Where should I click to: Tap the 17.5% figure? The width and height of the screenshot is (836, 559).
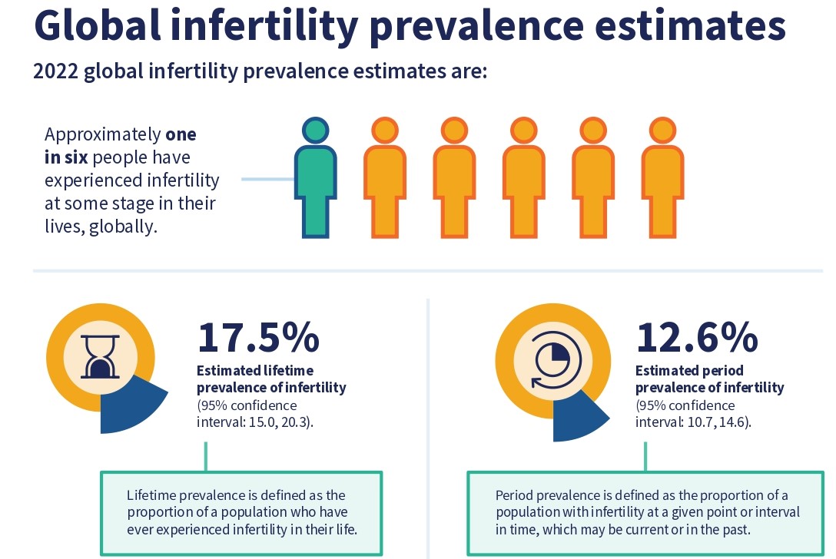click(258, 336)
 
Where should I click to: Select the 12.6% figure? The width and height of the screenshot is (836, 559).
click(697, 336)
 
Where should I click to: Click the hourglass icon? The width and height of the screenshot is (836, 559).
click(99, 358)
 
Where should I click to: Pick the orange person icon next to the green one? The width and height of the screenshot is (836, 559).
click(385, 181)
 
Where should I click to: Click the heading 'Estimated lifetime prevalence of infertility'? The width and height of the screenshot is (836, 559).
click(271, 379)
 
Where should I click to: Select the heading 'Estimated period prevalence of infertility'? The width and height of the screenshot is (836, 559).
click(709, 379)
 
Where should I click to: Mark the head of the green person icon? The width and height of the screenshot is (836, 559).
click(316, 132)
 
